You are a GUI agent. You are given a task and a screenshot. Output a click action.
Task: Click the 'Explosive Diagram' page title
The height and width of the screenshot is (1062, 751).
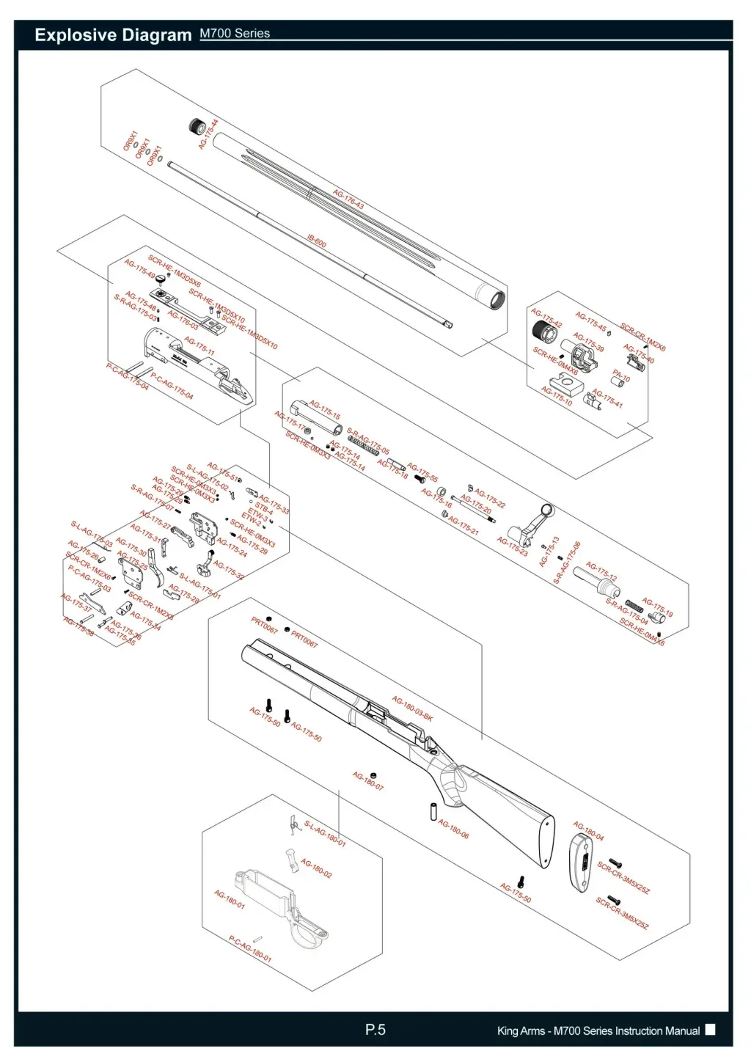[113, 35]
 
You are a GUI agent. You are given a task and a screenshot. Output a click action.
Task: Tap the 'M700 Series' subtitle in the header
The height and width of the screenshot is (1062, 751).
[235, 34]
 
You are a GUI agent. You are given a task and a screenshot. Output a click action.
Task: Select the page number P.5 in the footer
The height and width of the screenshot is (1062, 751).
[375, 1030]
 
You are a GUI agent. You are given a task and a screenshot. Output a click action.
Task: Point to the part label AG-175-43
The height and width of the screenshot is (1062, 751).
[348, 199]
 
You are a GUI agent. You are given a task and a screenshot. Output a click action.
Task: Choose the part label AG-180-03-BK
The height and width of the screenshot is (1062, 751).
[412, 708]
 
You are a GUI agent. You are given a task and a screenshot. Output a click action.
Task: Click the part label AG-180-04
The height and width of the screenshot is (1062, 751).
[588, 832]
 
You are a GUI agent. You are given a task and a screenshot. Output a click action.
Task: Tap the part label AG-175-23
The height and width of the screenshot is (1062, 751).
[512, 546]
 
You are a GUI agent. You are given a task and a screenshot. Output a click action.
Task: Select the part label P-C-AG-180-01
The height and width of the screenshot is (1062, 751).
[249, 949]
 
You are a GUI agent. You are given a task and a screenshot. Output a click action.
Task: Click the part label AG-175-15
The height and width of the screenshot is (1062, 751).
[324, 409]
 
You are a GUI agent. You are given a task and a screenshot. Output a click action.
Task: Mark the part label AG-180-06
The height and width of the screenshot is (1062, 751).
[453, 829]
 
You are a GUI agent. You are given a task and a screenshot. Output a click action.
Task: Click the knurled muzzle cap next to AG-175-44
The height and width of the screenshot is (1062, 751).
[197, 126]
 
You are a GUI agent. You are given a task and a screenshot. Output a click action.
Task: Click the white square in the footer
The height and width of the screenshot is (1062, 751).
[710, 1030]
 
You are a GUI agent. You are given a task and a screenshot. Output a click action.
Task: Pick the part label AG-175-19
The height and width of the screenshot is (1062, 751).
[657, 607]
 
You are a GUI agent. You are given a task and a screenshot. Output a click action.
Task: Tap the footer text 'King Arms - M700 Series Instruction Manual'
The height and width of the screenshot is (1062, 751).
[598, 1030]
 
